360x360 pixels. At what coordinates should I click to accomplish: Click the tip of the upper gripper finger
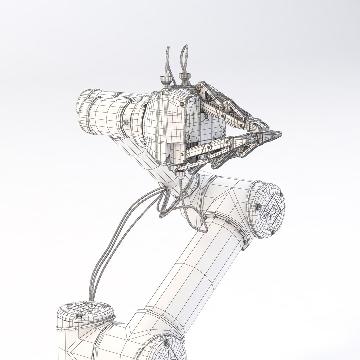[265, 126]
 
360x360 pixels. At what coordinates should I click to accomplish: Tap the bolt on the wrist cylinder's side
[125, 123]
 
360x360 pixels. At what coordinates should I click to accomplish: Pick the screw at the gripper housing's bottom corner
[182, 154]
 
